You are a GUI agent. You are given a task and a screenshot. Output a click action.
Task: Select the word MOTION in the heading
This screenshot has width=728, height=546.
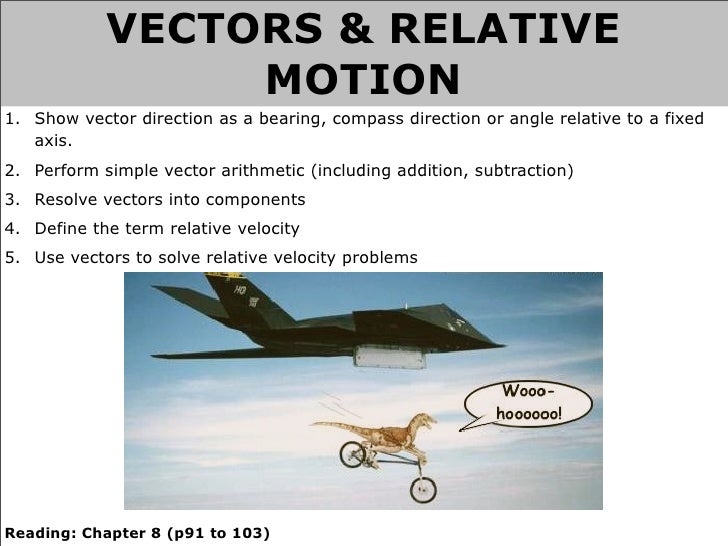point(364,78)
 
